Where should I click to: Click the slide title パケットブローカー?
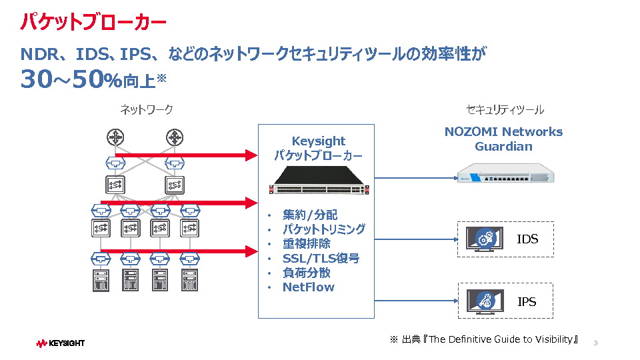tap(93, 22)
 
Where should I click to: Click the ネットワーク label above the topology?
tap(147, 109)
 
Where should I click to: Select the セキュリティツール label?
tap(505, 109)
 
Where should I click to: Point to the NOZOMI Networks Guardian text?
tap(503, 139)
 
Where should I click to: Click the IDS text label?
tap(527, 239)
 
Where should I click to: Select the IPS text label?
tap(527, 301)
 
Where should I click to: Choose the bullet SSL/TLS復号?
tap(321, 258)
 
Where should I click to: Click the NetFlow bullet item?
tap(308, 287)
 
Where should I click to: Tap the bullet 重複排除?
tap(306, 243)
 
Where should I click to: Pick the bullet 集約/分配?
tap(310, 215)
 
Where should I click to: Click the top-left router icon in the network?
tap(116, 137)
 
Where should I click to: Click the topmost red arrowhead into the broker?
tap(251, 155)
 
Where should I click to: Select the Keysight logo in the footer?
tap(61, 343)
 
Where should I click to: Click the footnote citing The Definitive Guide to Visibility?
tap(484, 339)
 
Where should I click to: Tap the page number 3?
tap(595, 343)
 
